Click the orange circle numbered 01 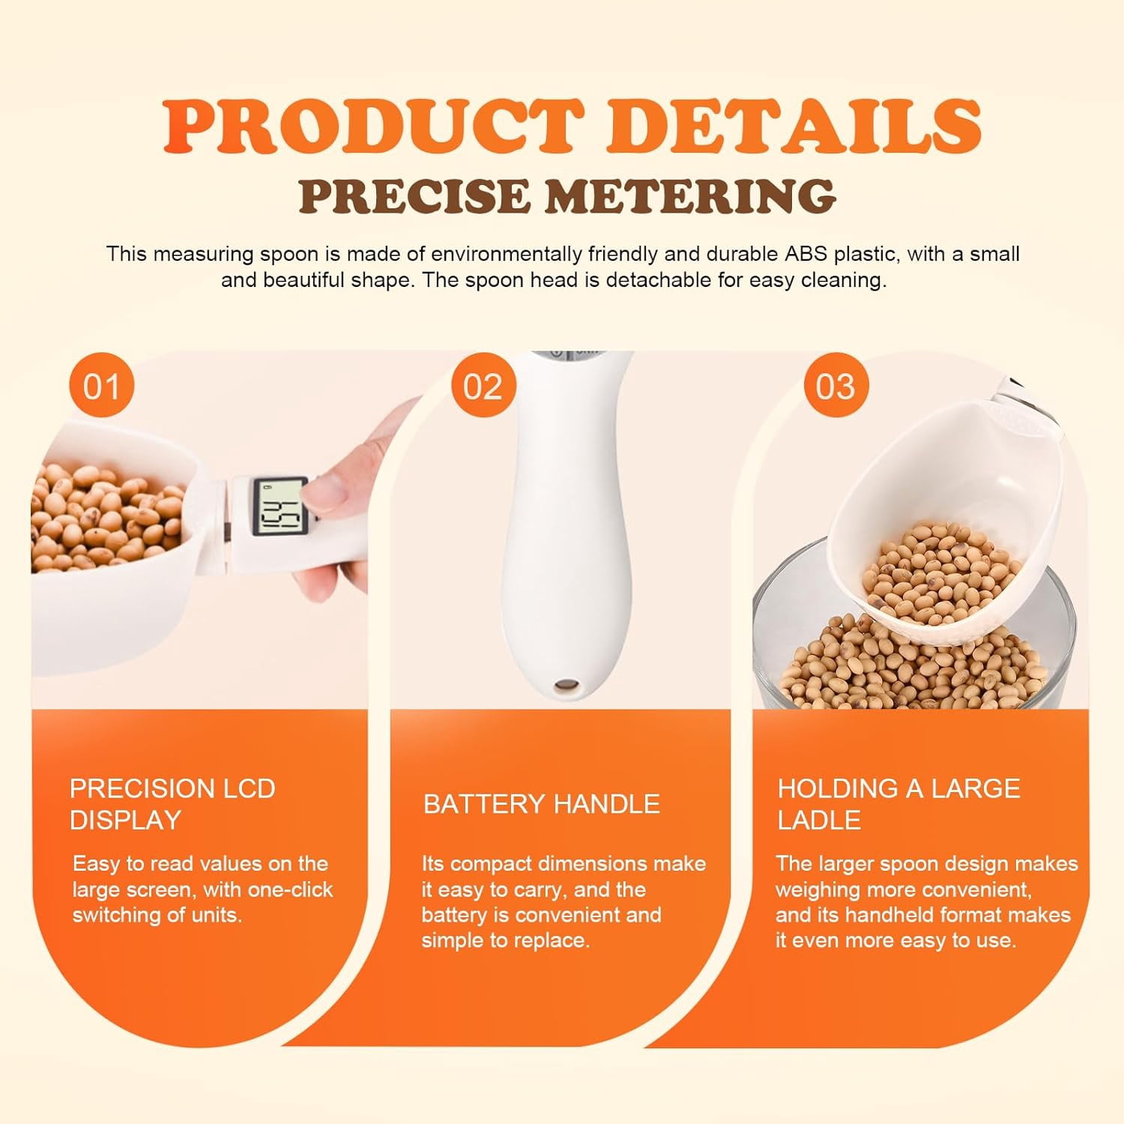pos(101,386)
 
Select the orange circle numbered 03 pos(836,386)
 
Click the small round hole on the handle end pos(567,685)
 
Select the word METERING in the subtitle pos(689,196)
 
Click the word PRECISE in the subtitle pos(414,196)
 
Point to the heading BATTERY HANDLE pos(542,804)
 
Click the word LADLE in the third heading pos(819,820)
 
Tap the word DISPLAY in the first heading pos(125,820)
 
